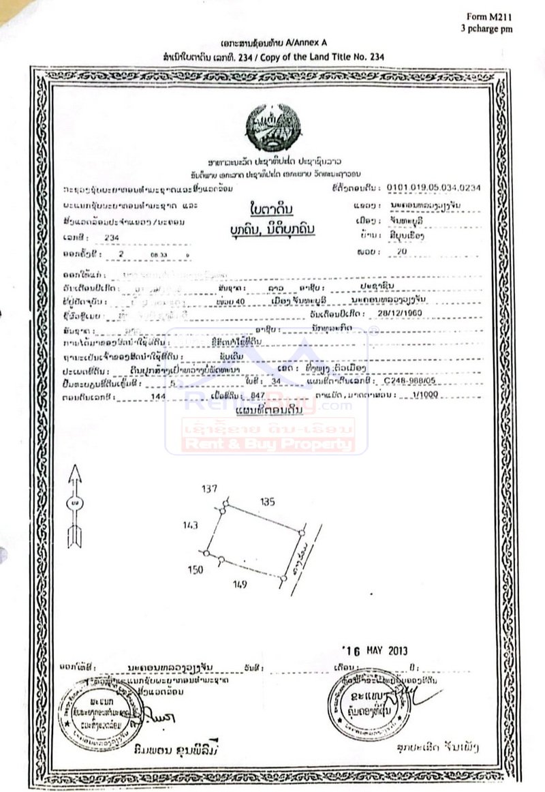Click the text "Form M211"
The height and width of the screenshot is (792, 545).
(488, 16)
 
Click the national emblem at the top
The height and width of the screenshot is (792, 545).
(272, 127)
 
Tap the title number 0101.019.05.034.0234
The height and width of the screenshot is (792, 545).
(433, 187)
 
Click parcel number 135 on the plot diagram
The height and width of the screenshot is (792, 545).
(268, 502)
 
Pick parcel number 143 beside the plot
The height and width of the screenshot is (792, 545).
(190, 526)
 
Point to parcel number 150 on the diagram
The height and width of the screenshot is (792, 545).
(196, 570)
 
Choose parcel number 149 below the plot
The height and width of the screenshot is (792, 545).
(238, 585)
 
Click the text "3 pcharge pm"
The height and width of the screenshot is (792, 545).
(486, 29)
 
